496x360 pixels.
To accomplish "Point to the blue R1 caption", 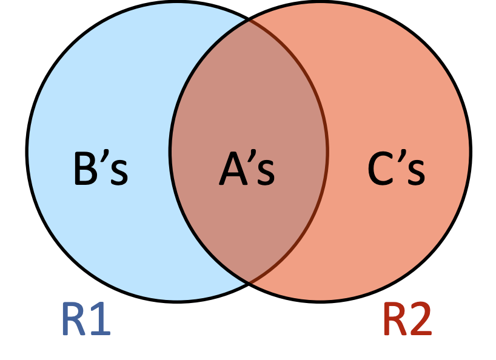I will click(x=85, y=319).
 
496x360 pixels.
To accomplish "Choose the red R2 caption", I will click(x=407, y=319).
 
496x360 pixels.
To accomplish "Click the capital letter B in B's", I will click(x=85, y=169).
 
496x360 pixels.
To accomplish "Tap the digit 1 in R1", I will click(x=101, y=319).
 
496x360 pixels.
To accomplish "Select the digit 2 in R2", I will click(x=421, y=319).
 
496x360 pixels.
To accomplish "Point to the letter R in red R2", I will click(x=394, y=319).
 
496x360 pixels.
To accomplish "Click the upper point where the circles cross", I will click(x=249, y=19).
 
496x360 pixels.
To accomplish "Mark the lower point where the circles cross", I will click(x=249, y=282).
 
